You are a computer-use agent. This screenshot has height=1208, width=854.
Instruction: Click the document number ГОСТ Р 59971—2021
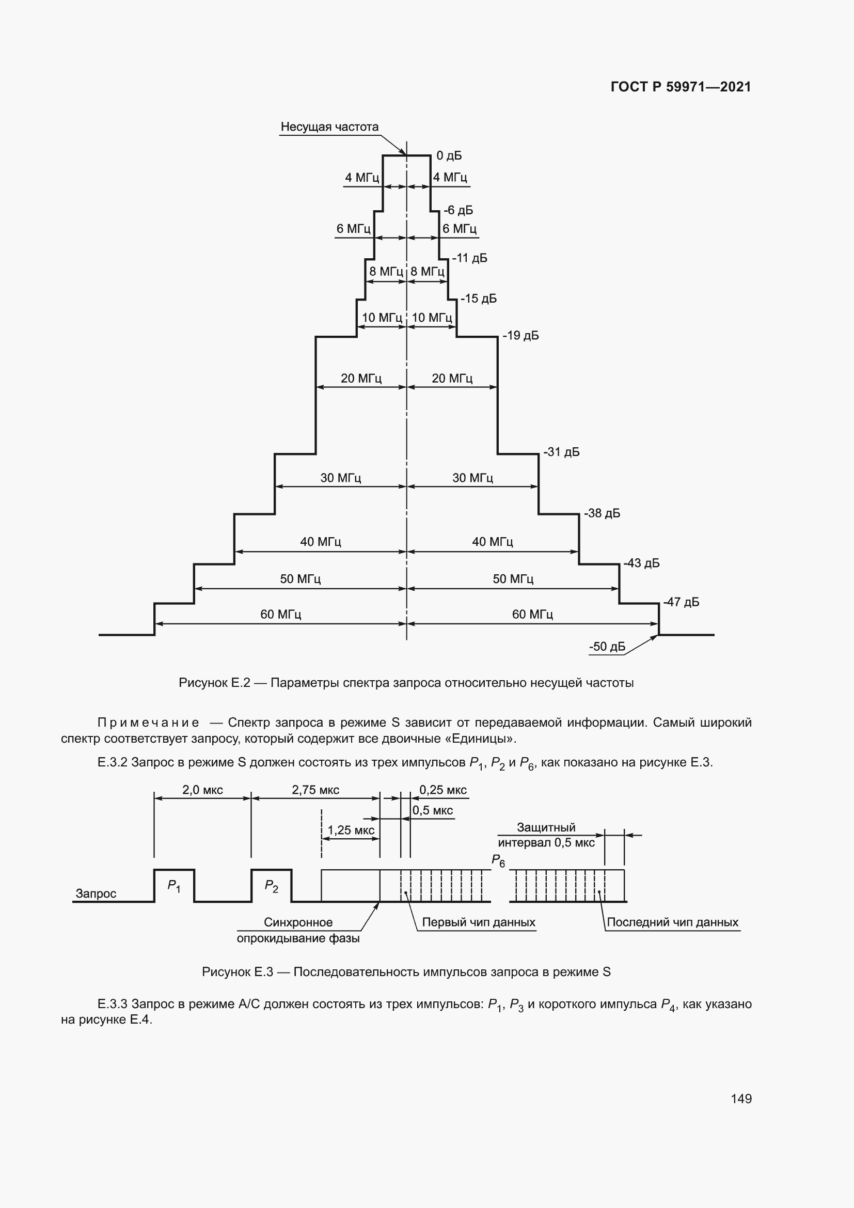pos(681,87)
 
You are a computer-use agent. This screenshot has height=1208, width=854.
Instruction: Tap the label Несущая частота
pos(329,127)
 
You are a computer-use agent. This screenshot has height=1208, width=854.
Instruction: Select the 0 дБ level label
pos(449,156)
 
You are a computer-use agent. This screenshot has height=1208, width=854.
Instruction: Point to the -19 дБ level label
pos(520,336)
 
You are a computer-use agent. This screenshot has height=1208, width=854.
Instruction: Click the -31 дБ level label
pos(561,452)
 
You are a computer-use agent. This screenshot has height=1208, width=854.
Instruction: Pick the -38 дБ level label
pos(602,513)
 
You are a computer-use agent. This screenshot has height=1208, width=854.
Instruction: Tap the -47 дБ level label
pos(681,602)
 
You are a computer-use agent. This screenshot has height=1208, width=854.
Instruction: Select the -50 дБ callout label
pos(607,647)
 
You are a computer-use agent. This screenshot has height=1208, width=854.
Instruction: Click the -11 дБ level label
pos(469,258)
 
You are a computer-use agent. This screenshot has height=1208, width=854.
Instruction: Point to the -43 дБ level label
pos(641,563)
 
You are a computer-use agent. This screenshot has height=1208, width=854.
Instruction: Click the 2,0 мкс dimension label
pos(202,790)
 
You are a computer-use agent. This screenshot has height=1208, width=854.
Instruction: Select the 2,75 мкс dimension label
pos(315,790)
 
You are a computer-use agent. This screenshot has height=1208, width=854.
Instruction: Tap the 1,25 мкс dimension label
pos(351,830)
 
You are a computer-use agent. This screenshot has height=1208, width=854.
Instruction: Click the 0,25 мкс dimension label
pos(443,790)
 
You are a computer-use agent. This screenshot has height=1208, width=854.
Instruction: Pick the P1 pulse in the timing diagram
pos(174,886)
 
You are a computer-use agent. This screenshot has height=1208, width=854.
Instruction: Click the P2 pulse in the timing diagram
pos(272,886)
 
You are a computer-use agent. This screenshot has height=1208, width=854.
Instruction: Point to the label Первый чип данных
pos(479,922)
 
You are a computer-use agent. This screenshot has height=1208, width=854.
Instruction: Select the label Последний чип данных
pos(673,922)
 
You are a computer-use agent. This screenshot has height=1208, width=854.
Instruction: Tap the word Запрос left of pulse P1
pos(96,893)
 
